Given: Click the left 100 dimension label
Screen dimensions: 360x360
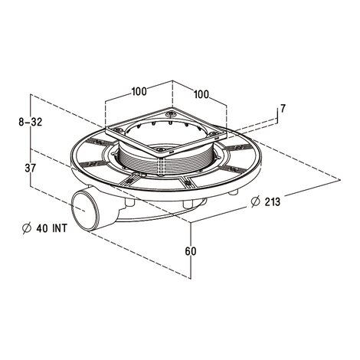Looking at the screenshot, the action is pos(139,91).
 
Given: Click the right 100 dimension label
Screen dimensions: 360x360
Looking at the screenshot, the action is pos(201,94).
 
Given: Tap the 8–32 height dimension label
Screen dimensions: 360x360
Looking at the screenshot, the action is pos(31,122).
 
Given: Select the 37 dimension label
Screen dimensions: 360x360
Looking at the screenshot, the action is pos(31,168).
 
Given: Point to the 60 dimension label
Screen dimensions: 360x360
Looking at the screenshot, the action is pos(191,251).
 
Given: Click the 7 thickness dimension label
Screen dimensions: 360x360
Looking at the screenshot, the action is pos(283,109).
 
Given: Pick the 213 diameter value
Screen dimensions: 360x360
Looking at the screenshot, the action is pos(273,201).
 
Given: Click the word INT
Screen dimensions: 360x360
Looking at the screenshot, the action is pos(60,228).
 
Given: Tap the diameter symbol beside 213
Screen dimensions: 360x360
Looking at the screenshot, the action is pos(255,201).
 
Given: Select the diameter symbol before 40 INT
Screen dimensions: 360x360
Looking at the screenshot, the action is pos(27,228).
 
